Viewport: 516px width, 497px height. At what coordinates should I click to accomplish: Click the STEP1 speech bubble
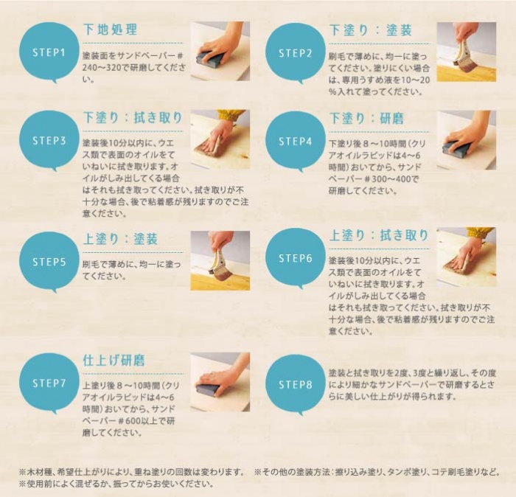tap(49, 52)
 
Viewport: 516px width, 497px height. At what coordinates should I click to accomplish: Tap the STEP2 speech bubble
tap(295, 52)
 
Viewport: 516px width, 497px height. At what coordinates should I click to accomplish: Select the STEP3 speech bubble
tap(49, 141)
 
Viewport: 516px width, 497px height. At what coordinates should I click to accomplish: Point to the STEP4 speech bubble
tap(295, 141)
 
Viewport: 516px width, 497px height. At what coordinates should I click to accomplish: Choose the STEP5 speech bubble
tap(49, 262)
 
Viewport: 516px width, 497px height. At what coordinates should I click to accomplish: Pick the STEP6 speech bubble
tap(295, 258)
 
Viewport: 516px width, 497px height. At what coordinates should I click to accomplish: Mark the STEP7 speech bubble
tap(49, 383)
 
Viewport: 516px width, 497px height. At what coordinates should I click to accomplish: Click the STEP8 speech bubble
tap(295, 384)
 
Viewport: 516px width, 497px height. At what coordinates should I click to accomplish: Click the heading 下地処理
tap(110, 29)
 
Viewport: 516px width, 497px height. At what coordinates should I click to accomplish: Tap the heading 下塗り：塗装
tap(371, 30)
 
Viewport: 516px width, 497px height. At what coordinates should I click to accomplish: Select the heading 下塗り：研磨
tap(366, 119)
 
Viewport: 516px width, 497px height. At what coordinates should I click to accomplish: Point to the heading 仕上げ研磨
tap(114, 360)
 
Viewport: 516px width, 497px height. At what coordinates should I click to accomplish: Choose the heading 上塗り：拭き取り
tap(379, 235)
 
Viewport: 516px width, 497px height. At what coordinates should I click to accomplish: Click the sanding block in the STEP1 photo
tap(209, 58)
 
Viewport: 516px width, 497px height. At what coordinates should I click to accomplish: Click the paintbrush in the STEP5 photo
tap(217, 264)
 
